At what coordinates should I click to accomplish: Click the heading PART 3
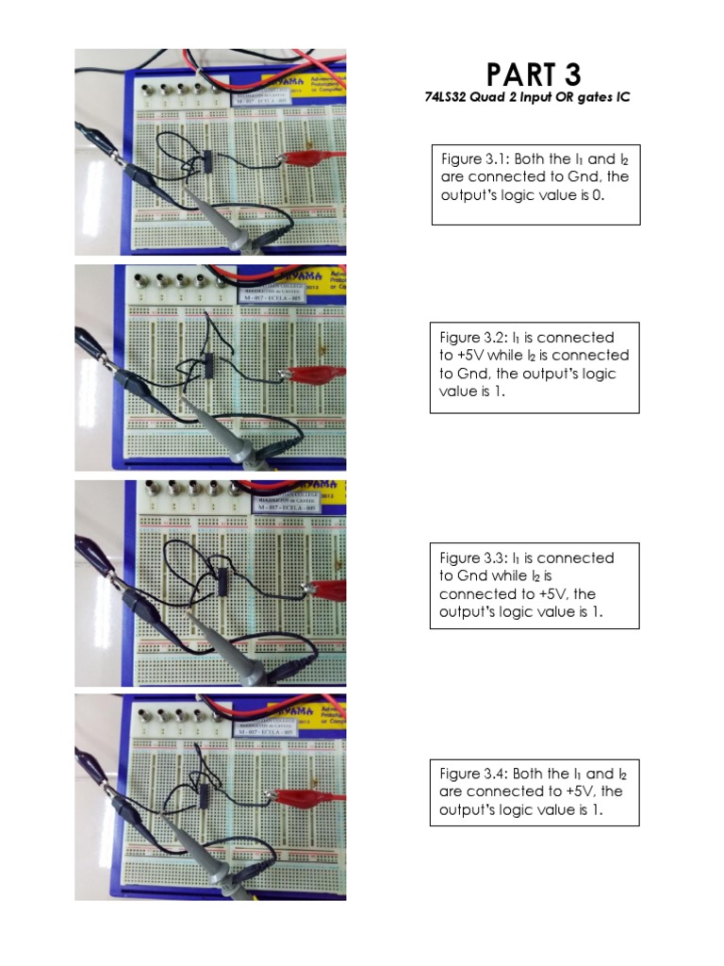click(534, 75)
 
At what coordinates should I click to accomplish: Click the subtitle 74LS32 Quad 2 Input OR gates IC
click(527, 98)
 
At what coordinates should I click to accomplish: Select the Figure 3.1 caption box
click(535, 185)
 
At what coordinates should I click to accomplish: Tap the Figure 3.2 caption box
click(535, 367)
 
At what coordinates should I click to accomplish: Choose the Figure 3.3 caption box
click(535, 585)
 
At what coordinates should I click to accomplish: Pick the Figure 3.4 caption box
click(535, 791)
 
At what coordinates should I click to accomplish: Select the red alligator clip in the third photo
click(326, 591)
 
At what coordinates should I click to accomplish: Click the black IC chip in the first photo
click(208, 162)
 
